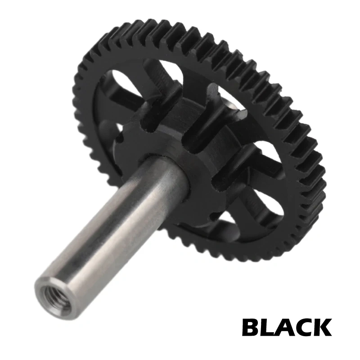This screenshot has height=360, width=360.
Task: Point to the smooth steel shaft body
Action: pos(112,225)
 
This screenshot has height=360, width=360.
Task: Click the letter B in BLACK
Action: pos(252,327)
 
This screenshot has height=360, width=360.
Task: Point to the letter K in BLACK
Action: pos(324,327)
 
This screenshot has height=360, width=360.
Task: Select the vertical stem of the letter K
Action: pos(319,327)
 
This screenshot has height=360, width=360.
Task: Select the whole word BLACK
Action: pos(287,327)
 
